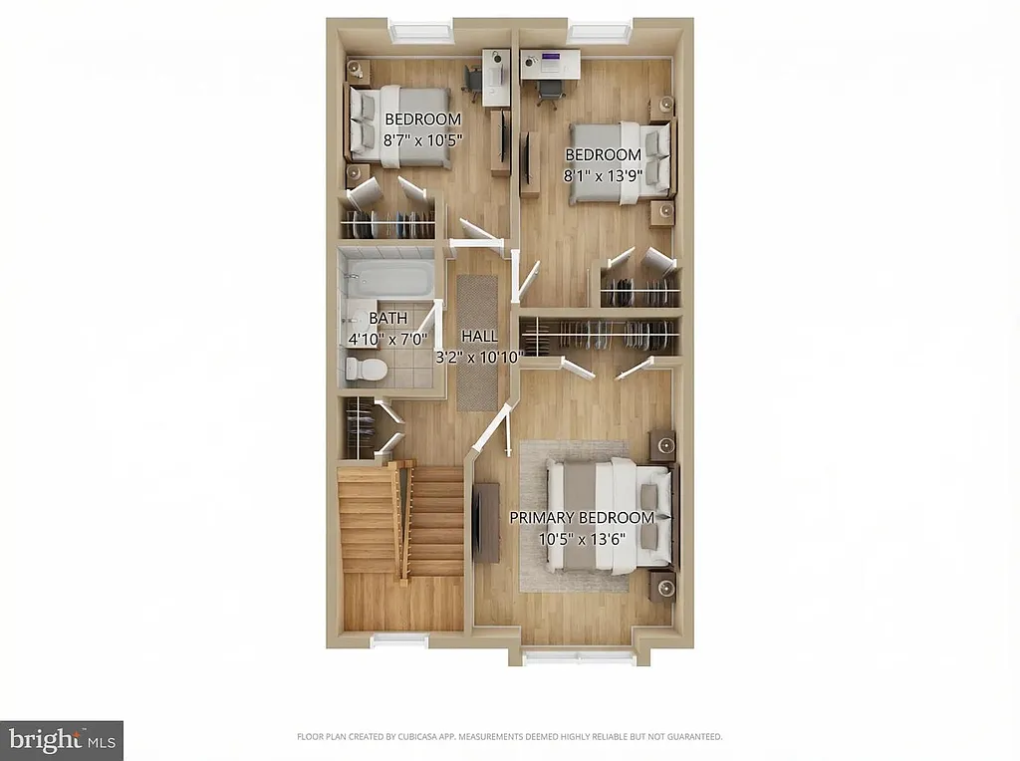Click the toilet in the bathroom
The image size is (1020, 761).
(x=365, y=370)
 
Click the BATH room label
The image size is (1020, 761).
(x=388, y=319)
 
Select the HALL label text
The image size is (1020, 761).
(x=479, y=337)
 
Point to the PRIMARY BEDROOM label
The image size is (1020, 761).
(x=582, y=518)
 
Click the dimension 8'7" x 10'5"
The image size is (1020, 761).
(x=423, y=140)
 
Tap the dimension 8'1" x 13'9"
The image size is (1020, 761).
(x=604, y=175)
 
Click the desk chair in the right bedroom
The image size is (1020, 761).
(x=549, y=91)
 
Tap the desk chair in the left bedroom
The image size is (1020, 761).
(x=473, y=82)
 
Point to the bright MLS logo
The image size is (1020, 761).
(x=62, y=740)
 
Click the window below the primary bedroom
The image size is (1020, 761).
(x=579, y=656)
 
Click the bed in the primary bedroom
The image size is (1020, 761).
(x=607, y=516)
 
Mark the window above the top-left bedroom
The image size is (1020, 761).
(x=420, y=31)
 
